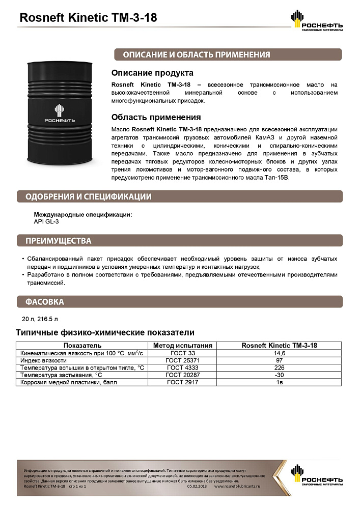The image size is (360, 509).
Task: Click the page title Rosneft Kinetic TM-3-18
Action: pyautogui.click(x=88, y=18)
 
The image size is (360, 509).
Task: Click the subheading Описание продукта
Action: pyautogui.click(x=152, y=73)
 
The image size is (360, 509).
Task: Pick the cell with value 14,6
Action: pyautogui.click(x=279, y=353)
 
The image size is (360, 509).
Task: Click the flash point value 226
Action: pyautogui.click(x=279, y=367)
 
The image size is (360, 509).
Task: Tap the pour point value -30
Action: pyautogui.click(x=279, y=375)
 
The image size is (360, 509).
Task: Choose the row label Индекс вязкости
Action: pyautogui.click(x=42, y=360)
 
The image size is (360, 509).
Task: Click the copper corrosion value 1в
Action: pyautogui.click(x=279, y=382)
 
